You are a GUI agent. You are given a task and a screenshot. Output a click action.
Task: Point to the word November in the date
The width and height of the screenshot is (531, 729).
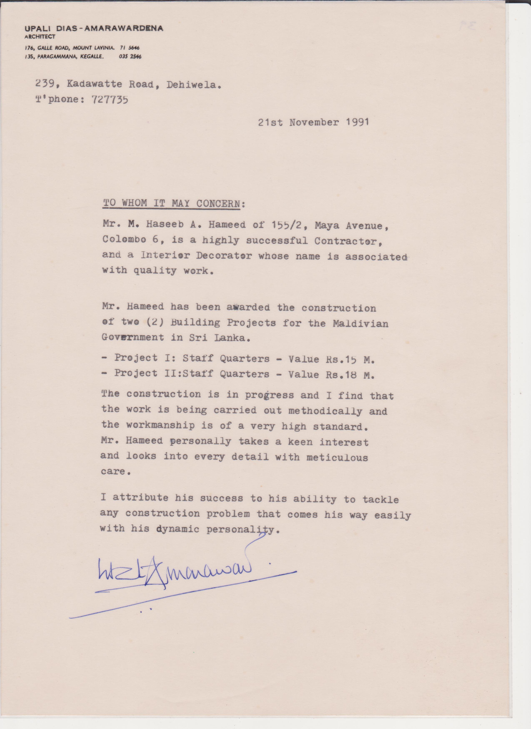pos(314,122)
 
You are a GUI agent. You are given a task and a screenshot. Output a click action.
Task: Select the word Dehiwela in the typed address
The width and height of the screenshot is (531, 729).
pos(193,85)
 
